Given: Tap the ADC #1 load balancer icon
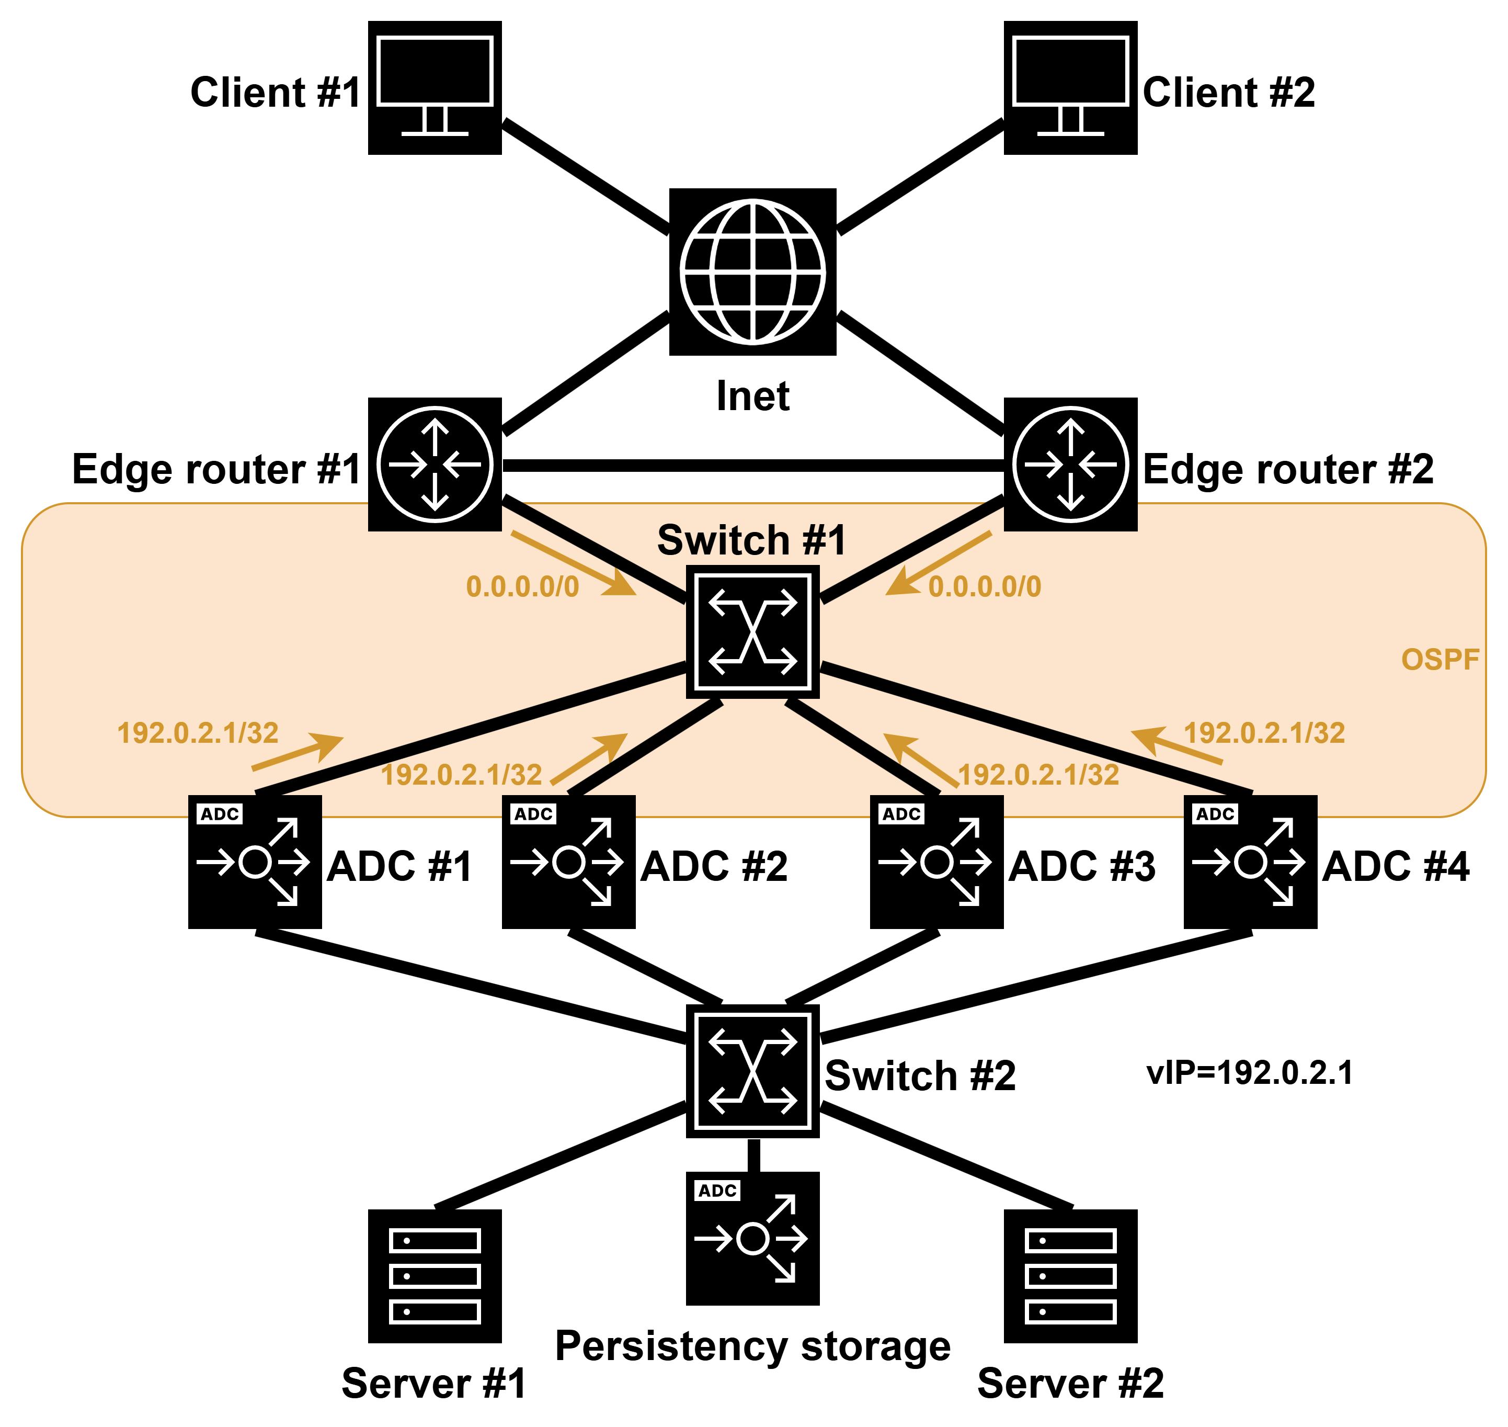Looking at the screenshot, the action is pyautogui.click(x=255, y=862).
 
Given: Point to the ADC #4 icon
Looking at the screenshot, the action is pyautogui.click(x=1250, y=862).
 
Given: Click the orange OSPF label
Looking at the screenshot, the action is pyautogui.click(x=1440, y=660).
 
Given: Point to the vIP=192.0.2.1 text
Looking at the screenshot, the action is pyautogui.click(x=1250, y=1072).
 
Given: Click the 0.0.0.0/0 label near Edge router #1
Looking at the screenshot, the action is pyautogui.click(x=522, y=586).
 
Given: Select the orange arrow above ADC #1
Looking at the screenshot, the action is pyautogui.click(x=298, y=752).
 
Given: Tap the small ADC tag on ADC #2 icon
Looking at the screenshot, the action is pyautogui.click(x=533, y=814).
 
